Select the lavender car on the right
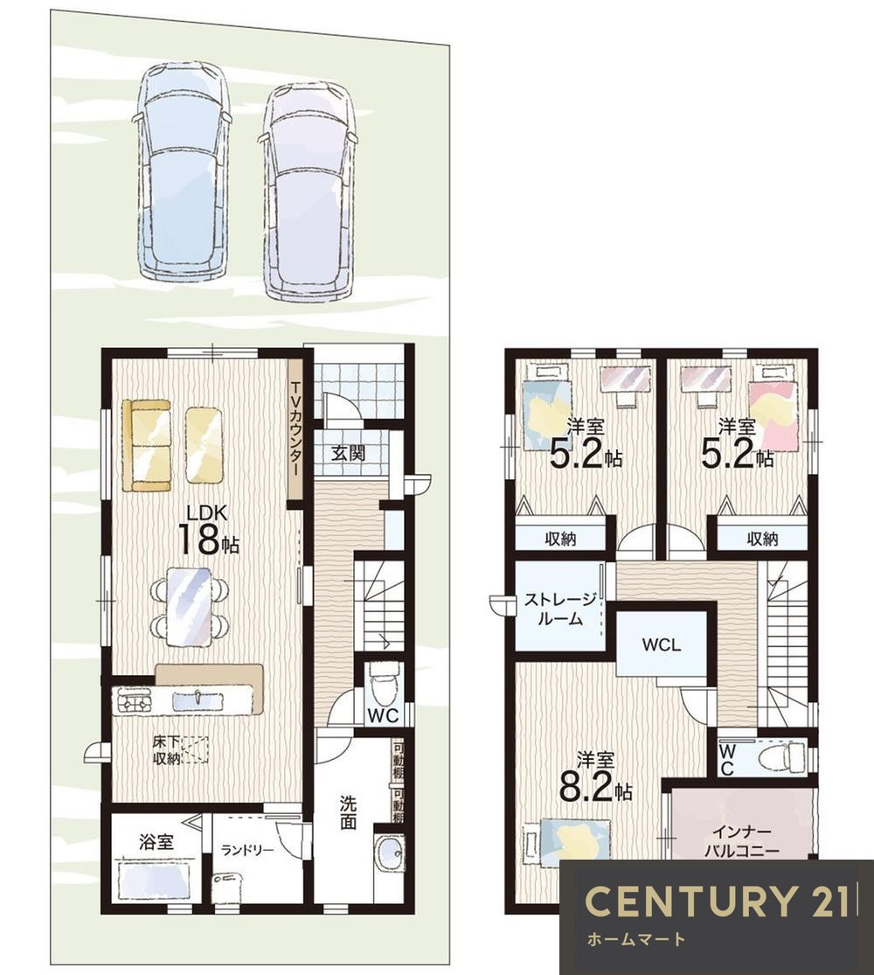click(x=309, y=191)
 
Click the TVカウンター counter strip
click(x=295, y=429)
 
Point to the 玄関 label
click(x=348, y=453)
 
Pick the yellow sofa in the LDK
click(x=147, y=445)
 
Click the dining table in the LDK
click(x=189, y=607)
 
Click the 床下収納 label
click(x=167, y=750)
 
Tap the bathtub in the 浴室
click(x=154, y=881)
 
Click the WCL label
click(x=662, y=644)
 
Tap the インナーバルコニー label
click(x=742, y=840)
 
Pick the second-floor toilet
click(x=785, y=756)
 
